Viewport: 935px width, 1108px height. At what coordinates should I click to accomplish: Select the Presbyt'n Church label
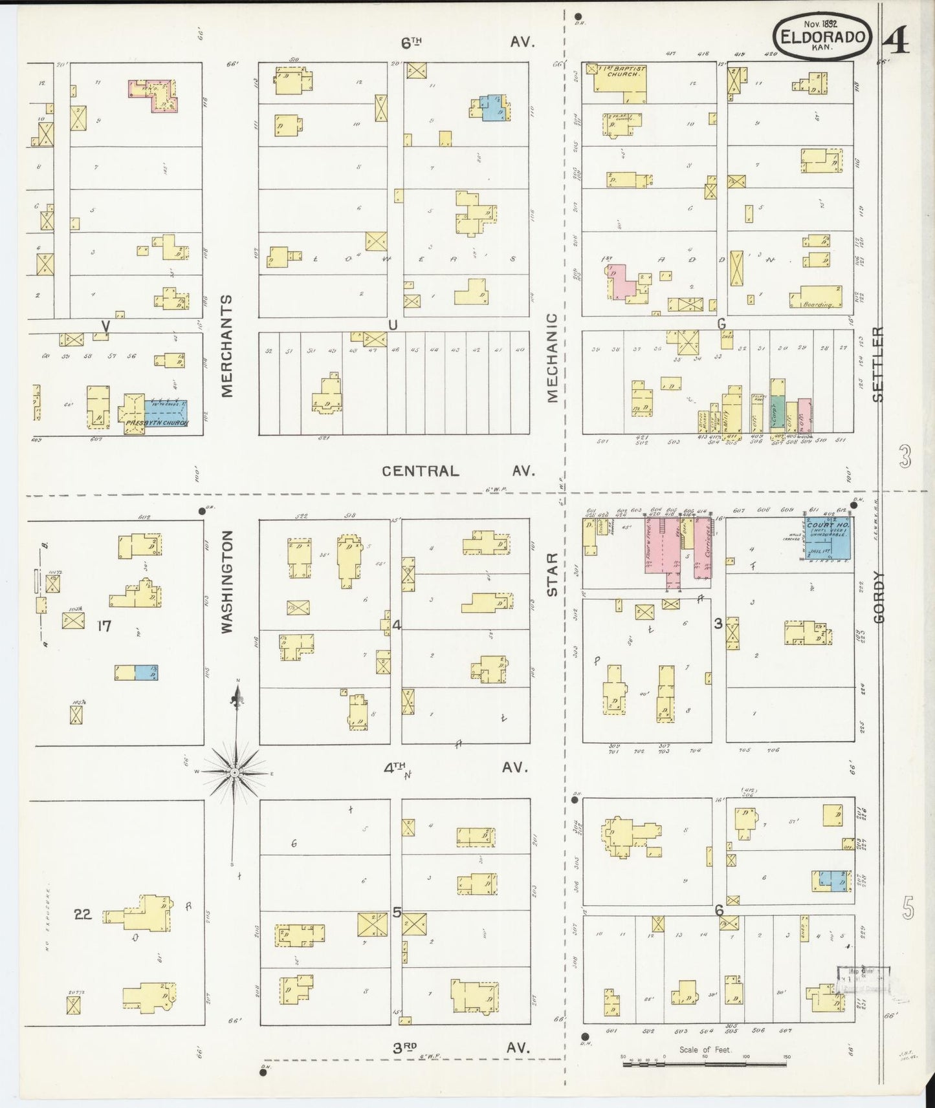tap(157, 423)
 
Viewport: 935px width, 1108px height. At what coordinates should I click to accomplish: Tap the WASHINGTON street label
tap(227, 581)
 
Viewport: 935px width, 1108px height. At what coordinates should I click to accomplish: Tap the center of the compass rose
tap(235, 772)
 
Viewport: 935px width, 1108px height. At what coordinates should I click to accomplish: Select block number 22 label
tap(83, 914)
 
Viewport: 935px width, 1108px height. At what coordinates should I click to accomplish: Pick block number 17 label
tap(104, 626)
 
